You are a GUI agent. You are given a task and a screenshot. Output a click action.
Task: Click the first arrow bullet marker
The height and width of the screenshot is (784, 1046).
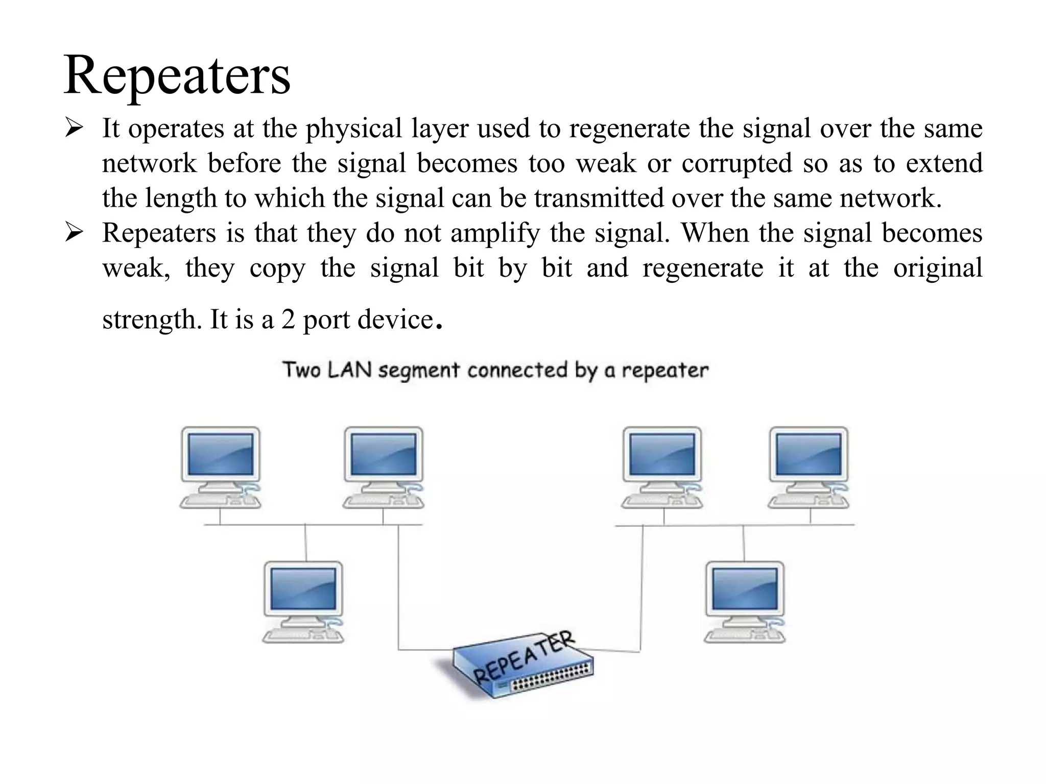[74, 128]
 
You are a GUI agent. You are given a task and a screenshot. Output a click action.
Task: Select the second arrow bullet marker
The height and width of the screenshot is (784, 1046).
[74, 233]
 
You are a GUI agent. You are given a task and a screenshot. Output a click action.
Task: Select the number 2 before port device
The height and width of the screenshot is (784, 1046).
[288, 320]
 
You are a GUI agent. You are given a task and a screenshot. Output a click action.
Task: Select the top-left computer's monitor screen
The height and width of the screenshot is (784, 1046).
[221, 454]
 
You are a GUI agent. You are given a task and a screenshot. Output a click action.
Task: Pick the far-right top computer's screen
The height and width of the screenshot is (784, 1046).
[809, 454]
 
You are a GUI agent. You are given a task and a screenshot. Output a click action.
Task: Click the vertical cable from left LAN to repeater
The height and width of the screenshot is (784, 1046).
[398, 587]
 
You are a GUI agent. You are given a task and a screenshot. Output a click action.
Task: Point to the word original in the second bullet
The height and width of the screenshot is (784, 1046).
[937, 268]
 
